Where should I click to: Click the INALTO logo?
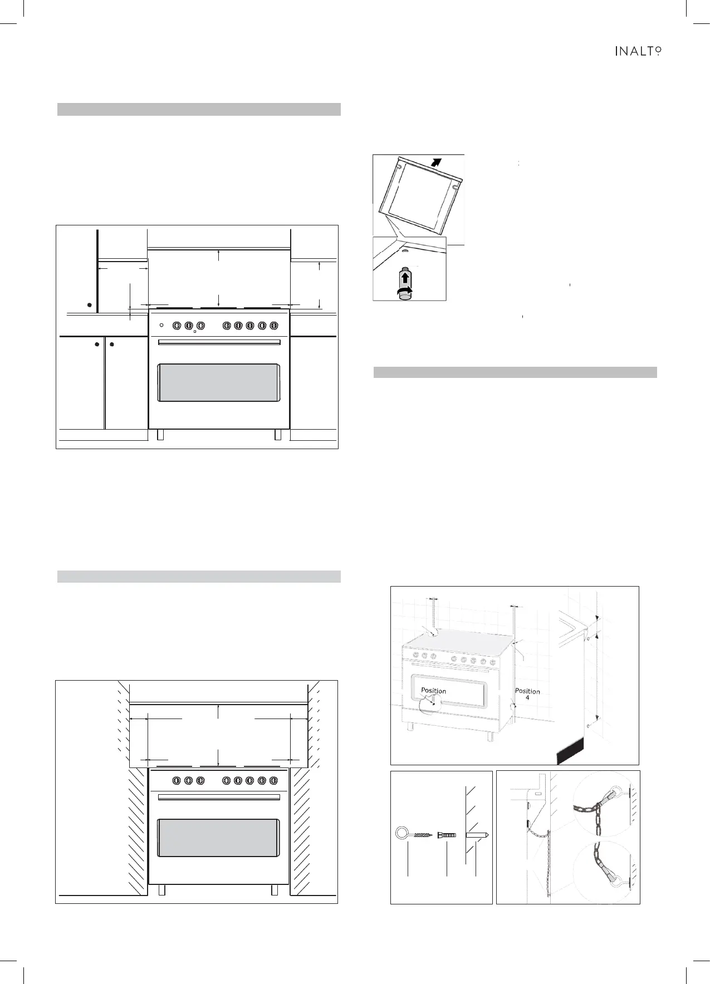click(x=638, y=51)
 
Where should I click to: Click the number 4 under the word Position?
click(x=527, y=697)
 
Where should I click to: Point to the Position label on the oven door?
click(x=433, y=691)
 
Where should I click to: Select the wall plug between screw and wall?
click(x=447, y=835)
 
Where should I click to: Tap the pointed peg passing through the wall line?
click(x=477, y=835)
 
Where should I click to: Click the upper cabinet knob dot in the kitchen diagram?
click(x=89, y=305)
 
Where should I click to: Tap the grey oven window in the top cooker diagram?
click(x=219, y=382)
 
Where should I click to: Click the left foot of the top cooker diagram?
click(x=160, y=435)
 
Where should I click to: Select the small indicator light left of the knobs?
click(x=161, y=325)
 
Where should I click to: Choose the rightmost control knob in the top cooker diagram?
click(x=273, y=325)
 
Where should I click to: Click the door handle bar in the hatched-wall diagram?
click(x=219, y=798)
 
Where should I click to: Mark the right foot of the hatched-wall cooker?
click(x=275, y=890)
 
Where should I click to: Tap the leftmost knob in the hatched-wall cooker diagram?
click(x=177, y=780)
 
